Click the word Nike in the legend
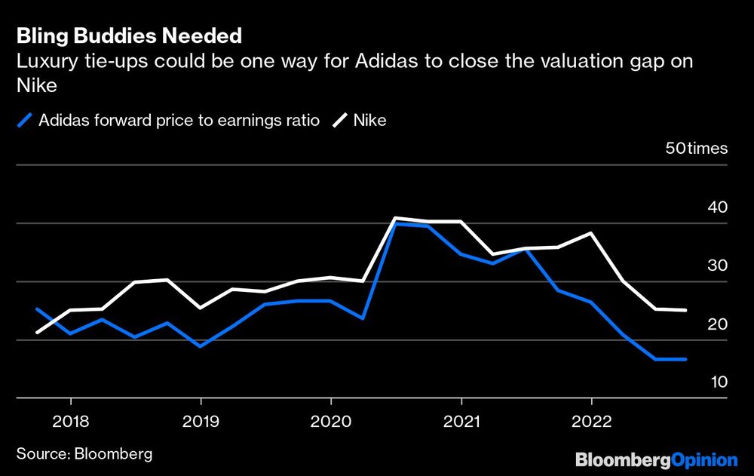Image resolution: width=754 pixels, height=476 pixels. pos(369,120)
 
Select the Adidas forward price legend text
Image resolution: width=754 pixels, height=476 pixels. pos(179,120)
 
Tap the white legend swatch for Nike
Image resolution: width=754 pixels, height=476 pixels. pos(341,120)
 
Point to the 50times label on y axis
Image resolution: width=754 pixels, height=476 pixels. pos(697,148)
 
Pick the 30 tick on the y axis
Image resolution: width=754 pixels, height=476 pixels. pos(719,266)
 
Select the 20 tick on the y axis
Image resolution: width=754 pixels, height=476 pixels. pos(719,324)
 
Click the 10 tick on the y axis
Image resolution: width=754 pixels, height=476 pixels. pos(719,382)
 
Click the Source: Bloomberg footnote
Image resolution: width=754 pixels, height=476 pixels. pos(84,453)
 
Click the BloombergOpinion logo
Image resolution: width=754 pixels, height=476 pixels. pos(656,459)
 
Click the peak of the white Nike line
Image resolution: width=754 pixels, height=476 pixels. pos(395,218)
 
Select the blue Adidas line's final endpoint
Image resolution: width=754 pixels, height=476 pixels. pos(685,359)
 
